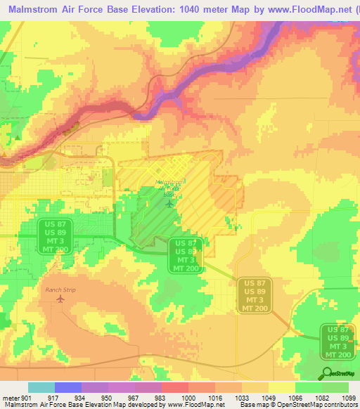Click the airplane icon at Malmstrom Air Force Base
click(169, 204)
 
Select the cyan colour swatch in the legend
click(41, 387)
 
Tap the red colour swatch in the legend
click(174, 387)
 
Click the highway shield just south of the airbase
click(186, 255)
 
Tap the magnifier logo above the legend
click(328, 373)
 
